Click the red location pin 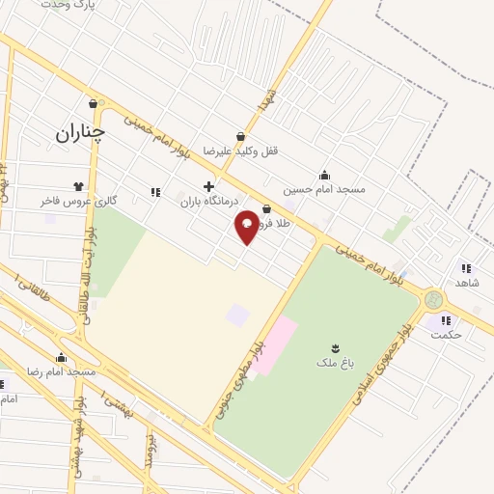click(247, 226)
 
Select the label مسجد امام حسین click(324, 189)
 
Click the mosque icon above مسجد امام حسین click(324, 176)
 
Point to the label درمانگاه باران click(207, 202)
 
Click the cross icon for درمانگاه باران click(208, 186)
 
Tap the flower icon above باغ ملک click(335, 347)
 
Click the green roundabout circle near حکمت click(433, 300)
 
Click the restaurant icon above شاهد click(466, 268)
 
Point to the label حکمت click(448, 334)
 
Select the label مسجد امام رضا click(62, 371)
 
